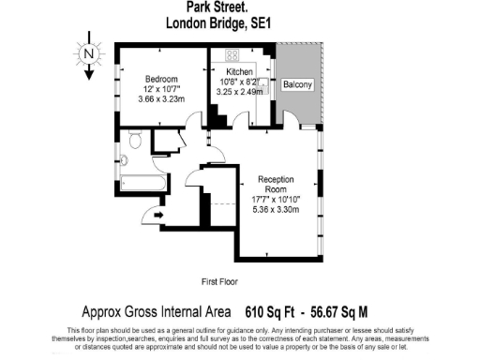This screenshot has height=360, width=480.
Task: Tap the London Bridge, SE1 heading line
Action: (x=218, y=27)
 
